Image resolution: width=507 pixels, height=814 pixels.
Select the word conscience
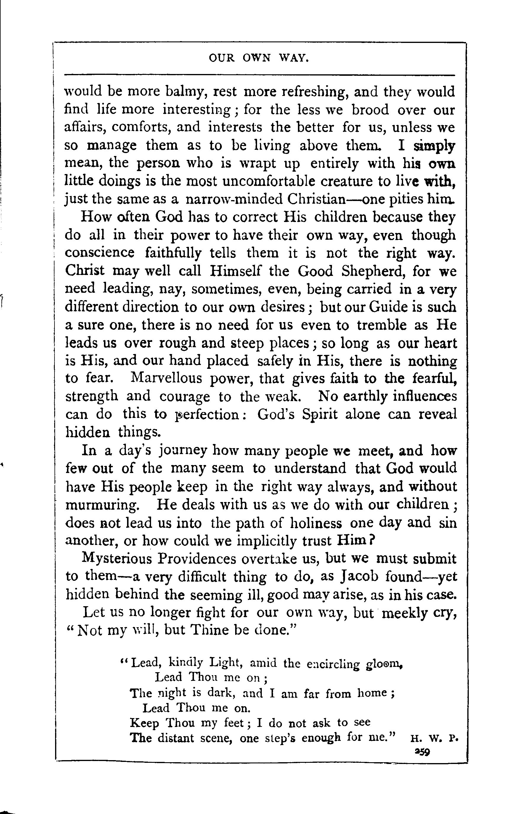[100, 253]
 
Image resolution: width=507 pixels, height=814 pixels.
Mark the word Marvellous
[166, 378]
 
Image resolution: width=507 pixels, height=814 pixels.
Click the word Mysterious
[117, 559]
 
